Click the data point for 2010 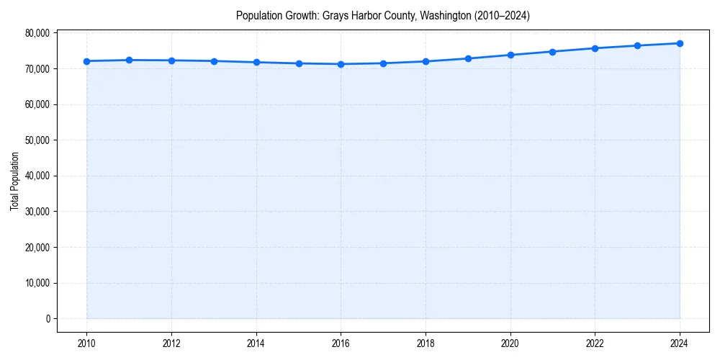pos(86,61)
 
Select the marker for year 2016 pos(341,64)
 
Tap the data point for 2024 pos(680,43)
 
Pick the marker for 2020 pos(510,55)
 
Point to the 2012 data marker pos(171,60)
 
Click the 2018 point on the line pos(426,61)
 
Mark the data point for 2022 pos(595,48)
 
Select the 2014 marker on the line pos(256,62)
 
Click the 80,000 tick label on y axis pos(37,33)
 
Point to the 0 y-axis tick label pos(47,319)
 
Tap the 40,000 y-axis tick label pos(37,176)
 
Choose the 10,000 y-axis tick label pos(37,283)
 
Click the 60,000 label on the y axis pos(37,104)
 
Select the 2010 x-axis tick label pos(86,343)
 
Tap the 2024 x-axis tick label pos(680,343)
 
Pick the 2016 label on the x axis pos(341,343)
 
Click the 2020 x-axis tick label pos(510,343)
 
